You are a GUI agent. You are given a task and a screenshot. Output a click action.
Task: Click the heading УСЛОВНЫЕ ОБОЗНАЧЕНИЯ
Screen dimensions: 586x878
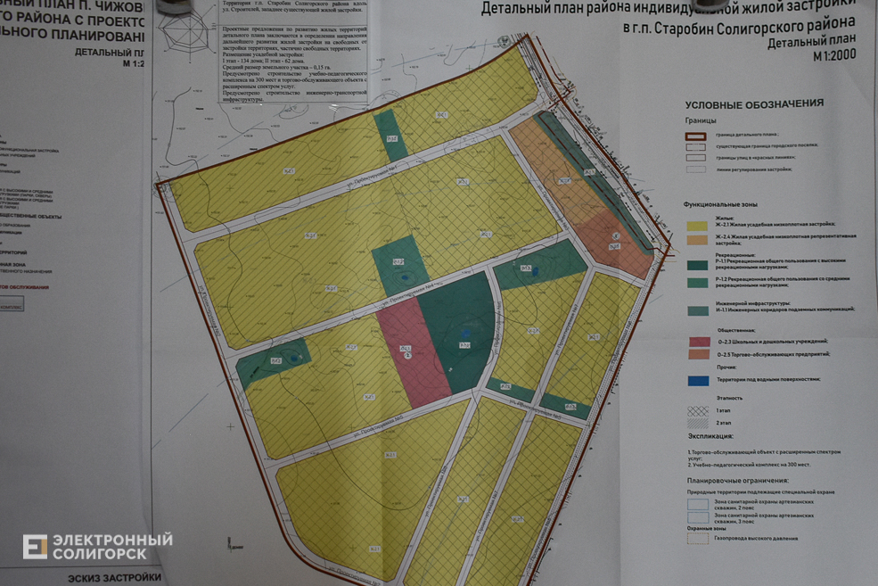pyautogui.click(x=753, y=103)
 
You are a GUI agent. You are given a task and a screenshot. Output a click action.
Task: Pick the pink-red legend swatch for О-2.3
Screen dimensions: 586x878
pyautogui.click(x=700, y=341)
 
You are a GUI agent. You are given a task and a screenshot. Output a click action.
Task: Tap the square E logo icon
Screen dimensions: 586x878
pyautogui.click(x=35, y=547)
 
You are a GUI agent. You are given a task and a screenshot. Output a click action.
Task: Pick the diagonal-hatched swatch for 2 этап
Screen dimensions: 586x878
pyautogui.click(x=700, y=421)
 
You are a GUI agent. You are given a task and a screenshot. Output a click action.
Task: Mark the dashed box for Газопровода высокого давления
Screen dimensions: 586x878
pyautogui.click(x=698, y=538)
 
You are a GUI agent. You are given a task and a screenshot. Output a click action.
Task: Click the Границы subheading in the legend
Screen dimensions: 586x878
pyautogui.click(x=700, y=120)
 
